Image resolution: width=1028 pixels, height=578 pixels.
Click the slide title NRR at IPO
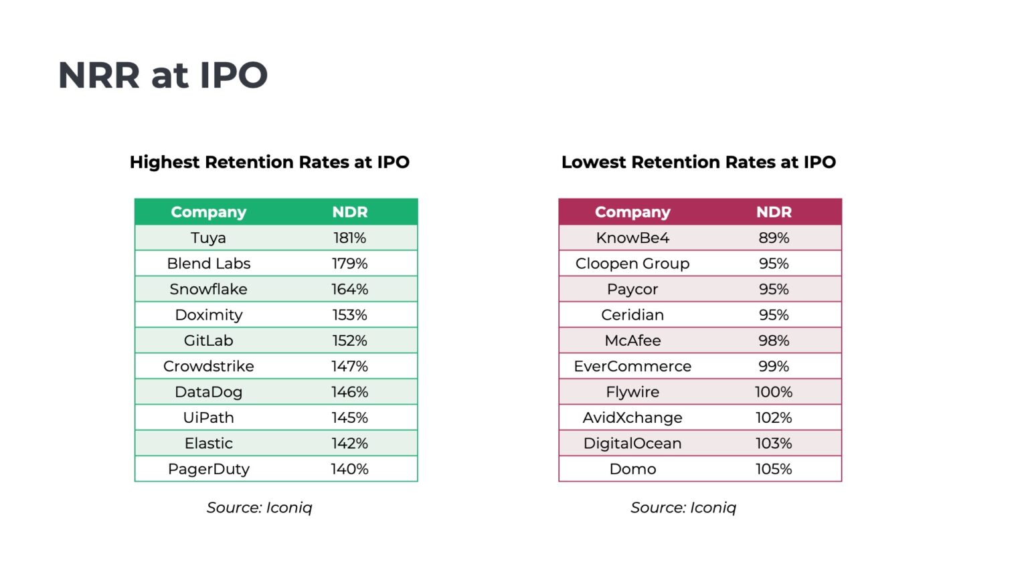coord(163,75)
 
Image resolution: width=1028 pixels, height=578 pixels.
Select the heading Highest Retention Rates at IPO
coord(269,162)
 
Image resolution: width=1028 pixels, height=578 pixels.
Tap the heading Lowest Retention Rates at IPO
coord(698,162)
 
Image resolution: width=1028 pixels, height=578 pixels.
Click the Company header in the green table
coord(208,212)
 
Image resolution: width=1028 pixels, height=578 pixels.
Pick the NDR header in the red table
coord(774,212)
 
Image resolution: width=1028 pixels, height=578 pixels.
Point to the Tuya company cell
coord(208,238)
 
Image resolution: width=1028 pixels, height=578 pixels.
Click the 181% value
coord(349,238)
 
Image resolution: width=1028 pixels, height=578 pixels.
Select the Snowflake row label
coord(208,289)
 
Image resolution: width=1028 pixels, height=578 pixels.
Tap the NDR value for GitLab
coord(349,341)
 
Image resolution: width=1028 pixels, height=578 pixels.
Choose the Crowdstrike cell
coord(208,366)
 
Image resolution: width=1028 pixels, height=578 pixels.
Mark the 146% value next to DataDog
coord(349,392)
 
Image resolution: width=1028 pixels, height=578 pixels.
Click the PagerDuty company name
coord(208,469)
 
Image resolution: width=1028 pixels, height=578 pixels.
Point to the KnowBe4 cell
coord(632,238)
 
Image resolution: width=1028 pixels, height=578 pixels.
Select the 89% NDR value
coord(774,238)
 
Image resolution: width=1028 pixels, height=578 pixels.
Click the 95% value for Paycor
coord(774,289)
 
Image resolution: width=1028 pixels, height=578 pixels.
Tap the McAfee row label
coord(632,341)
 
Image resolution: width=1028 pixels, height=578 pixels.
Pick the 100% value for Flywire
coord(774,392)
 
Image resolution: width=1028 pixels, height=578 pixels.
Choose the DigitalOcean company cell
coord(632,444)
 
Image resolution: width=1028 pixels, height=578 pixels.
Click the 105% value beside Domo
coord(774,469)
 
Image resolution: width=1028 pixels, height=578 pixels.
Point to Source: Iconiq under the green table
coord(259,508)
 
